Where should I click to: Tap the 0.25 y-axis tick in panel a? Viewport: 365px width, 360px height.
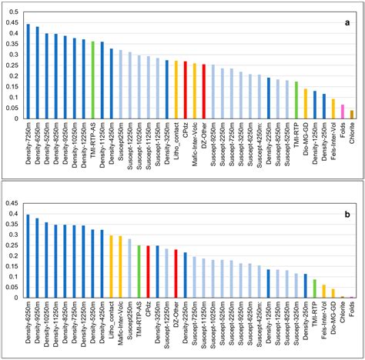[x=13, y=65]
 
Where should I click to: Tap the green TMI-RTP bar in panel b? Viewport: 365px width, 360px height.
[x=315, y=288]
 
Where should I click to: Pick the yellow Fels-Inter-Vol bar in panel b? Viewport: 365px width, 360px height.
[x=324, y=291]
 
